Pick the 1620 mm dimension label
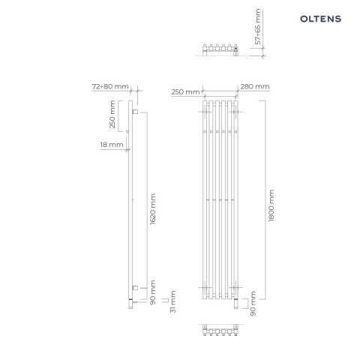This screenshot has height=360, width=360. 154,210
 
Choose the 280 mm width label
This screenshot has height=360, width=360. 256,87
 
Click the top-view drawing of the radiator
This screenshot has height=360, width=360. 220,50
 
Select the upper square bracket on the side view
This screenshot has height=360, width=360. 134,112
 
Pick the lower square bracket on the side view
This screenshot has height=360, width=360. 134,287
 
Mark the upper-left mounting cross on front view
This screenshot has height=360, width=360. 203,113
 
